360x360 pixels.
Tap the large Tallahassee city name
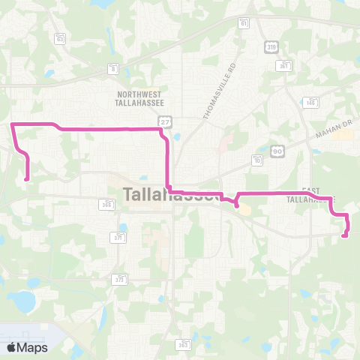169,195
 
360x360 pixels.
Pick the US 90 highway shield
277,151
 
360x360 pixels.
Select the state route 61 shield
244,23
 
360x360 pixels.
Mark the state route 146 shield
310,102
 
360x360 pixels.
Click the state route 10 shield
257,160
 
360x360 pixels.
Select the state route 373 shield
119,279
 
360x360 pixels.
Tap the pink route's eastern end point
344,236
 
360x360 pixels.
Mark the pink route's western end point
27,178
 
